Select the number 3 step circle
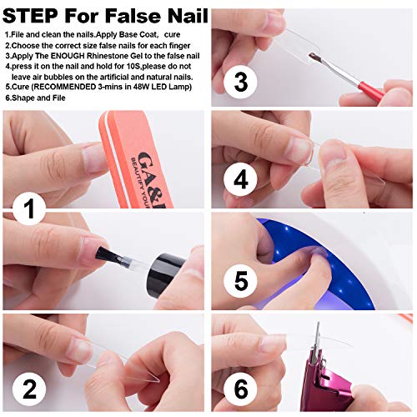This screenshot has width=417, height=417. tap(240, 82)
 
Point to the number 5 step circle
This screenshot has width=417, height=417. tap(241, 279)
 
